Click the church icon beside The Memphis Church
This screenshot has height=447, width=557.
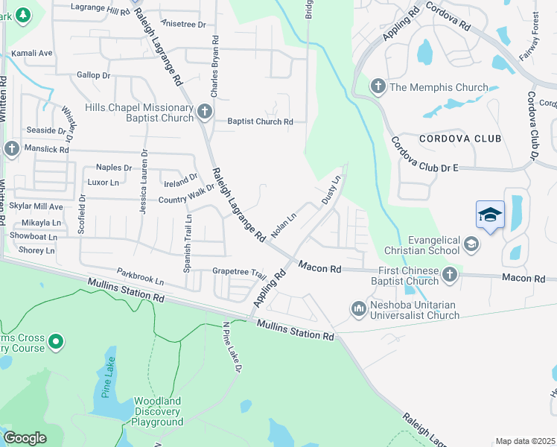tap(378, 87)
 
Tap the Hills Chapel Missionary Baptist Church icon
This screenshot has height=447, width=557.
tap(205, 112)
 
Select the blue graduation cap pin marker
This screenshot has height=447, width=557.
tap(490, 215)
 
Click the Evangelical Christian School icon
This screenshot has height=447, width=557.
tap(471, 244)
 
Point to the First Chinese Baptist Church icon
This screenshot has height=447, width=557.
tap(449, 276)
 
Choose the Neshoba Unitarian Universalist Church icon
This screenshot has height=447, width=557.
tap(358, 308)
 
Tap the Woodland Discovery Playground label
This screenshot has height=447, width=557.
tap(157, 411)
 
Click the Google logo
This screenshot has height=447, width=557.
tap(24, 438)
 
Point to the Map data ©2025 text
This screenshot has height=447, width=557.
tap(524, 441)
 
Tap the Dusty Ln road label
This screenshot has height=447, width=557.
tap(331, 190)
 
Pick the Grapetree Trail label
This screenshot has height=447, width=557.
tap(239, 272)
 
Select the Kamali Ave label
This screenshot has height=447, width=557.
tap(31, 54)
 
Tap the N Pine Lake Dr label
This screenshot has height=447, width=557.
tap(232, 349)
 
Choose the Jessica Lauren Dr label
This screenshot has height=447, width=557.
tap(143, 183)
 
